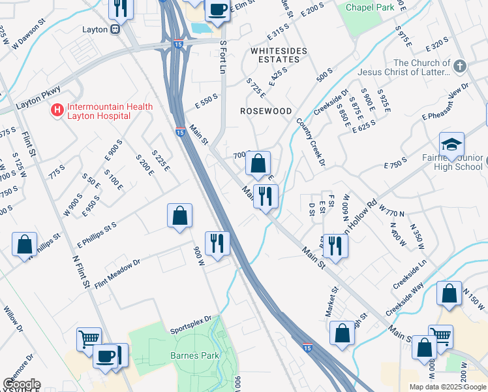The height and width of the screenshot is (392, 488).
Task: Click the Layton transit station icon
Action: click(x=115, y=29)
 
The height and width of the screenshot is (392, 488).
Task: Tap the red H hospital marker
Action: click(x=58, y=111)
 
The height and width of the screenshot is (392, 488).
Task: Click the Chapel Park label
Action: click(x=371, y=7)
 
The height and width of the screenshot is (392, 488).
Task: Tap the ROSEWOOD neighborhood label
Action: click(x=266, y=111)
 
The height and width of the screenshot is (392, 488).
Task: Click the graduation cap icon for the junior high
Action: click(x=451, y=146)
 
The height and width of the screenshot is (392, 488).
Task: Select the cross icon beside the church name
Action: click(x=460, y=67)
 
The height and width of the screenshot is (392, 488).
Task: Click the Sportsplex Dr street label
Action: click(x=191, y=319)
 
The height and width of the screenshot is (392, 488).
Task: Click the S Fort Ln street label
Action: click(x=223, y=56)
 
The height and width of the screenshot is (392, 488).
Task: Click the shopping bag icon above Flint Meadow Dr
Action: click(x=179, y=216)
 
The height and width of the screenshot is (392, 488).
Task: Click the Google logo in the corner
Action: click(x=21, y=385)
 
